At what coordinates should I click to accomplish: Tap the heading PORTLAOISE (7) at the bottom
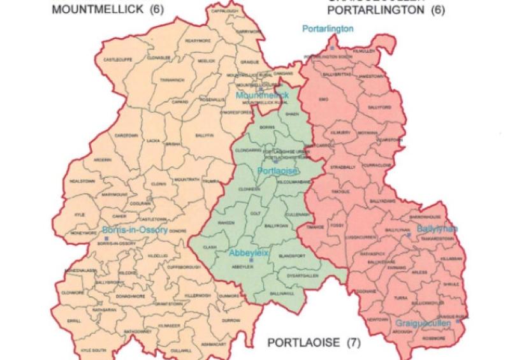313,343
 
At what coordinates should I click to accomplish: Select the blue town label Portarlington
328,29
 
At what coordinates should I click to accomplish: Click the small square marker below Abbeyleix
252,261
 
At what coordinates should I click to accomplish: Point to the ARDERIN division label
102,160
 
